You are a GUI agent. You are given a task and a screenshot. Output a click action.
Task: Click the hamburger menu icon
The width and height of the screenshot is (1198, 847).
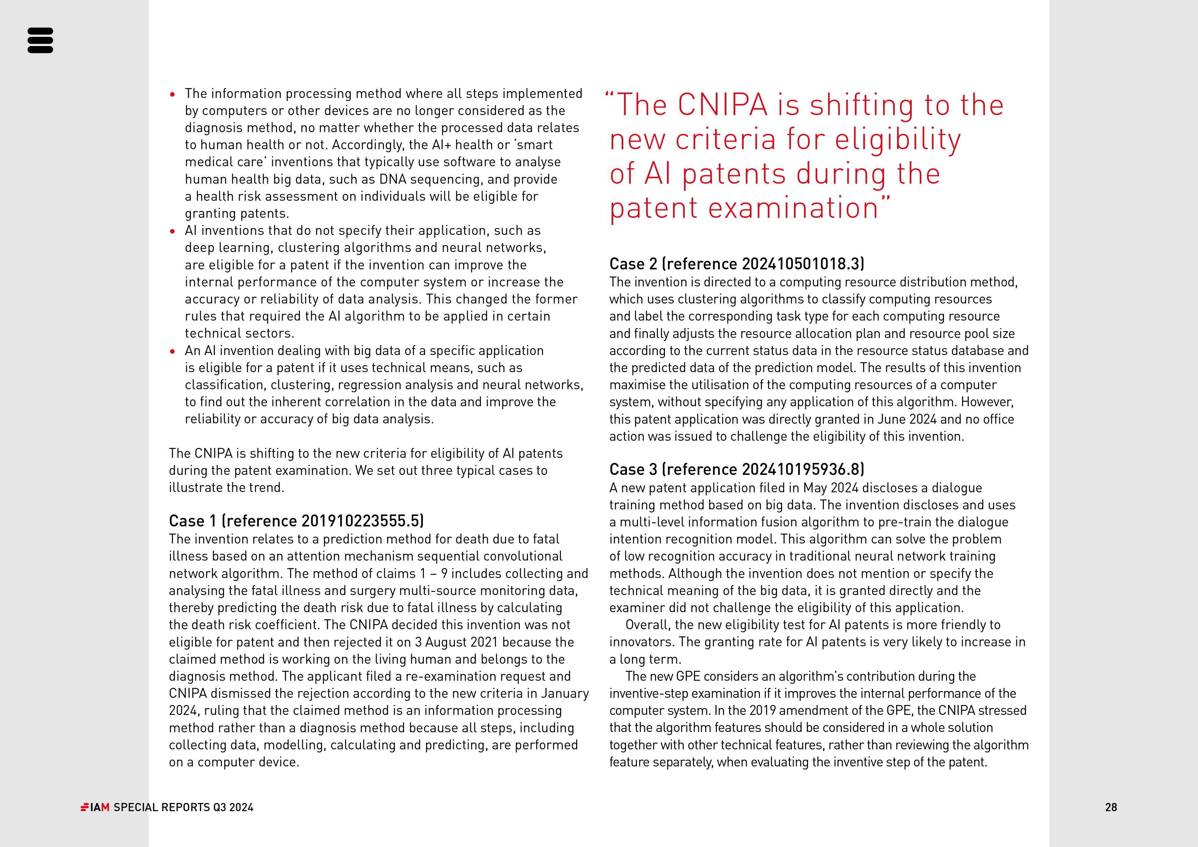[x=40, y=40]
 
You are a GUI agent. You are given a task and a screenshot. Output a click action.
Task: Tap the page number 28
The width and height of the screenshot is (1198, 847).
[x=1111, y=807]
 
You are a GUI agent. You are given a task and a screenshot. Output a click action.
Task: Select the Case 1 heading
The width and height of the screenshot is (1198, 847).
[x=296, y=521]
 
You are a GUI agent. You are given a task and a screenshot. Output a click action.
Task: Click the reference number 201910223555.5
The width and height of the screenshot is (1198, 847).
[x=361, y=521]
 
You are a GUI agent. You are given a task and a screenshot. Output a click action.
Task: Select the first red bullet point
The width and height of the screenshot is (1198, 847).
[x=173, y=95]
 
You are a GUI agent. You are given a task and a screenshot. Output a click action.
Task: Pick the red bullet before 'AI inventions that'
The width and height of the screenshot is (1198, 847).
[x=173, y=231]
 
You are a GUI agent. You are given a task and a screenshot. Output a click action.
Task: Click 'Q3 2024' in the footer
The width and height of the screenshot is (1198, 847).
[x=233, y=807]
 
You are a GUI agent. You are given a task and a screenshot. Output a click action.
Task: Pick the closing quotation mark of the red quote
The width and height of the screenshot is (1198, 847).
[x=886, y=200]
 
